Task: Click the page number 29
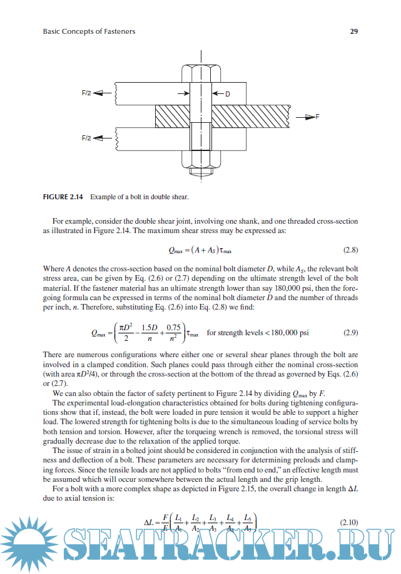pos(353,31)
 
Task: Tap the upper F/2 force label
pos(87,93)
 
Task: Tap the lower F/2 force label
pos(87,137)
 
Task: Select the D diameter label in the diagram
pos(228,94)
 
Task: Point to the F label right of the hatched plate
pos(317,117)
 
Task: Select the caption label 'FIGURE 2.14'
pos(64,197)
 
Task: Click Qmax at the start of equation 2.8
pos(178,251)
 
